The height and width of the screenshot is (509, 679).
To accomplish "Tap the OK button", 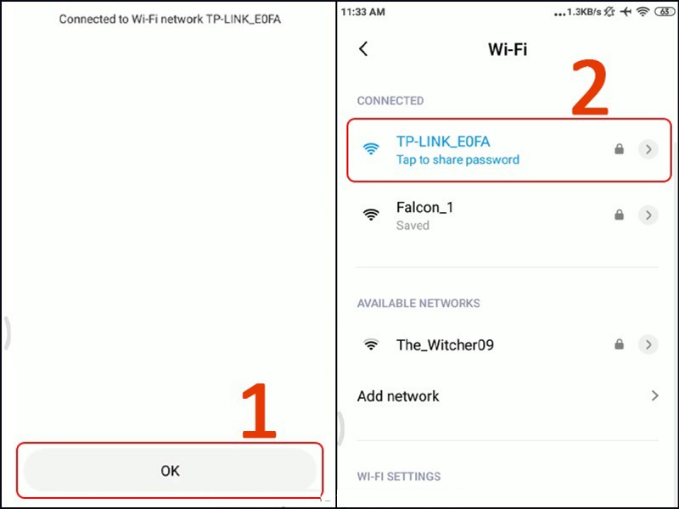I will [170, 470].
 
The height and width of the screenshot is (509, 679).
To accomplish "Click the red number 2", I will [589, 87].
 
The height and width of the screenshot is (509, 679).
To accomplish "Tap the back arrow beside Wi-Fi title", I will [364, 49].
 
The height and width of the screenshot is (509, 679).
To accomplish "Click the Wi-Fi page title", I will [508, 49].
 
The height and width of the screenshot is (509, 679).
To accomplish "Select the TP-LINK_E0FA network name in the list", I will [443, 142].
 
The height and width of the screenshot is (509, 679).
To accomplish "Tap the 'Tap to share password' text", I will [457, 159].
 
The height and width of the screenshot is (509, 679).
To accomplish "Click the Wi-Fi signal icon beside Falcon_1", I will [371, 215].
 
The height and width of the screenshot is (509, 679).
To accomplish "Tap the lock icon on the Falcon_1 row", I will [620, 215].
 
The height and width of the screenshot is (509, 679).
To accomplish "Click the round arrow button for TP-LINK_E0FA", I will [648, 149].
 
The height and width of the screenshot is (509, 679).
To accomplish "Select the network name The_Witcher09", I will [445, 345].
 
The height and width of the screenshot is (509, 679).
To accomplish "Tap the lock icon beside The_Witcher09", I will [620, 345].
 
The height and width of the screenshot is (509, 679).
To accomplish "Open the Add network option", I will [399, 396].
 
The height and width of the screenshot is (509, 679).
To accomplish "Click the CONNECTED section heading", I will [390, 101].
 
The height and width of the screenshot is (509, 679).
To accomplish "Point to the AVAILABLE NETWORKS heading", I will [418, 304].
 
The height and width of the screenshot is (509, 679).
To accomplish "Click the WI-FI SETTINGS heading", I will [399, 477].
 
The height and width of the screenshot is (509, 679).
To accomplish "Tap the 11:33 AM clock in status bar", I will [364, 13].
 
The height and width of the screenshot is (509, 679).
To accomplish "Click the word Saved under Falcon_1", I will [412, 226].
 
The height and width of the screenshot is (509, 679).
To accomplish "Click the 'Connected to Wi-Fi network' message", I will [170, 19].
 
